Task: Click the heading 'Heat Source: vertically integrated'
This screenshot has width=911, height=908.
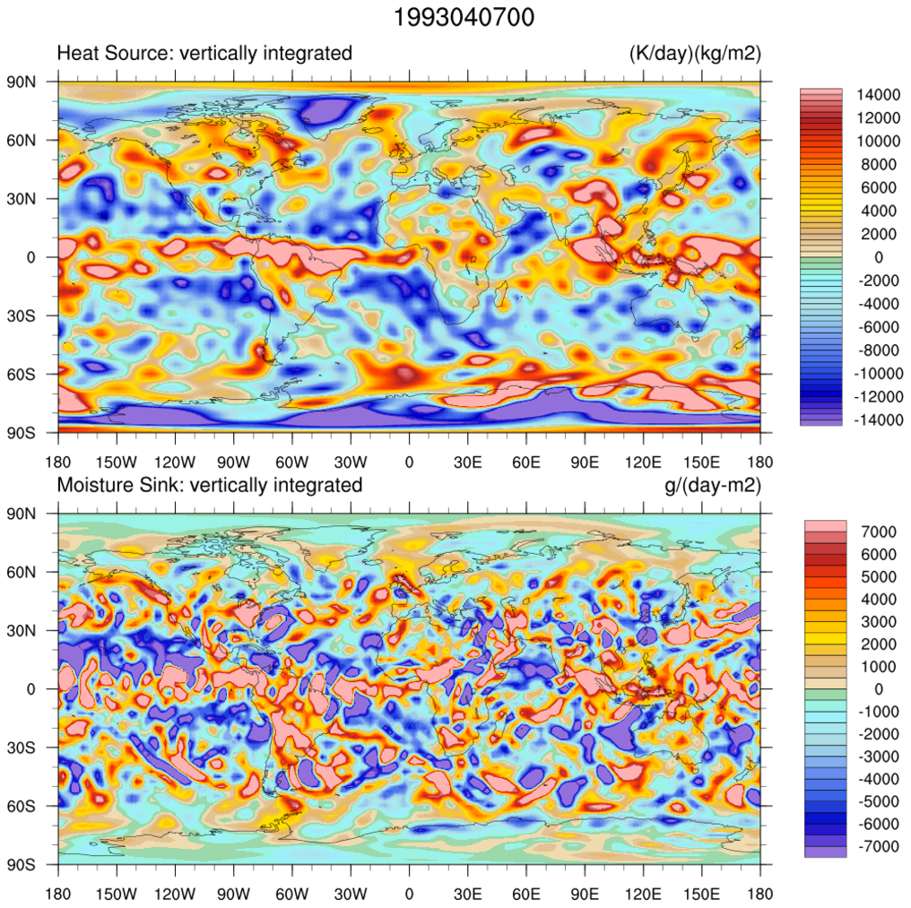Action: point(204,54)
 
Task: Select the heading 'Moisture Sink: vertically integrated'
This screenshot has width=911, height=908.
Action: point(210,486)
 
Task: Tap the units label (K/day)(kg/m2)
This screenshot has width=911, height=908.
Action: point(695,54)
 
